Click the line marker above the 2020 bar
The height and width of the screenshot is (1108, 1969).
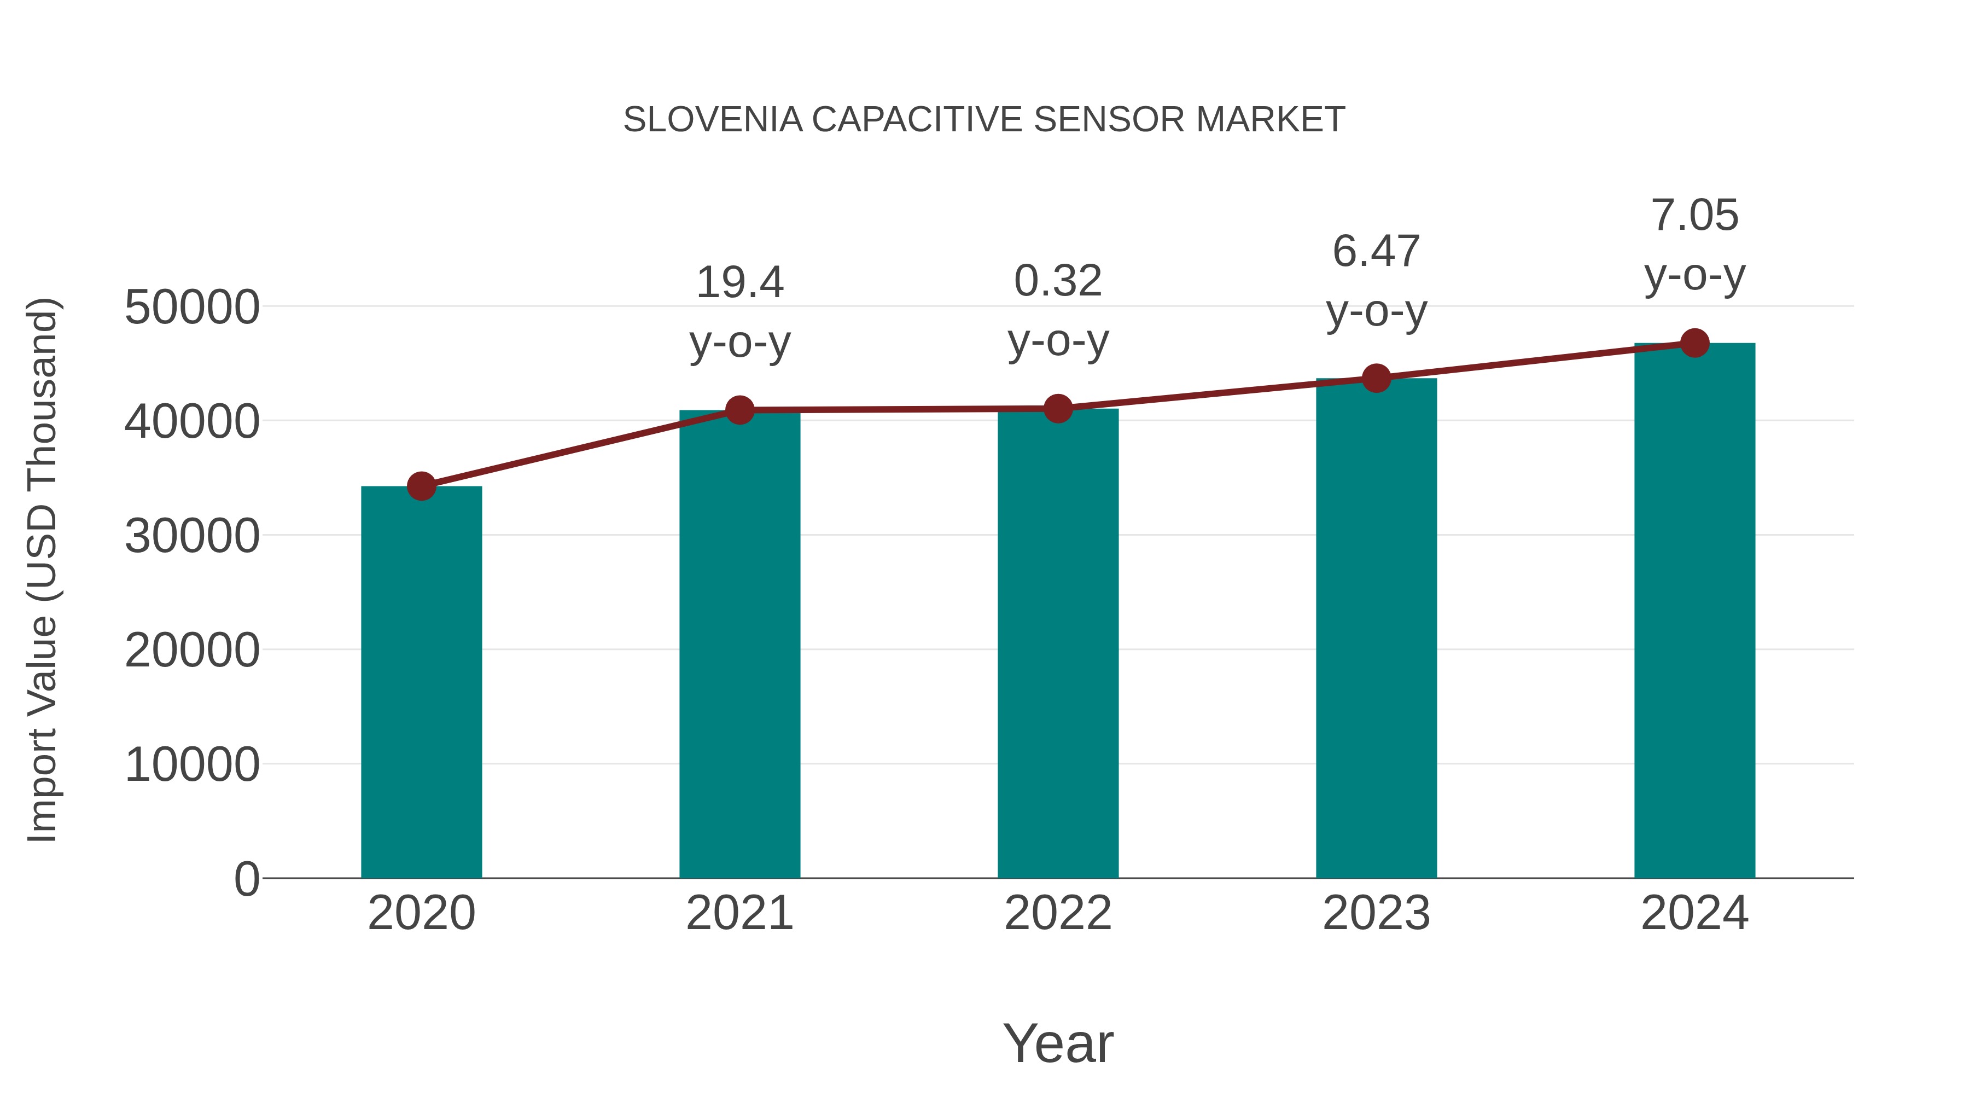click(x=421, y=485)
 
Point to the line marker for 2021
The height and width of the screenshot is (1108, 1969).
click(x=739, y=410)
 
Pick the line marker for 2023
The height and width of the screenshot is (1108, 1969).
click(x=1376, y=378)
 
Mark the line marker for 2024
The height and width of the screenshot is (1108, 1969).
click(x=1694, y=343)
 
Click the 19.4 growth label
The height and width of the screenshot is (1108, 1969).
click(x=739, y=283)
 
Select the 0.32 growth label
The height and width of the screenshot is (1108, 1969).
click(x=1058, y=281)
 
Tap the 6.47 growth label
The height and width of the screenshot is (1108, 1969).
click(x=1376, y=252)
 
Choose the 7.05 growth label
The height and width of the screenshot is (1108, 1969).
click(x=1694, y=215)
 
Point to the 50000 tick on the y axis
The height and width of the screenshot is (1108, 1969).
click(x=192, y=308)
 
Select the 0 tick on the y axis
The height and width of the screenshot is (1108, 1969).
click(x=246, y=879)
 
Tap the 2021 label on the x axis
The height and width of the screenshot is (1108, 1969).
click(x=739, y=913)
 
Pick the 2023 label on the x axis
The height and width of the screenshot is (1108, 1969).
click(x=1376, y=913)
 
